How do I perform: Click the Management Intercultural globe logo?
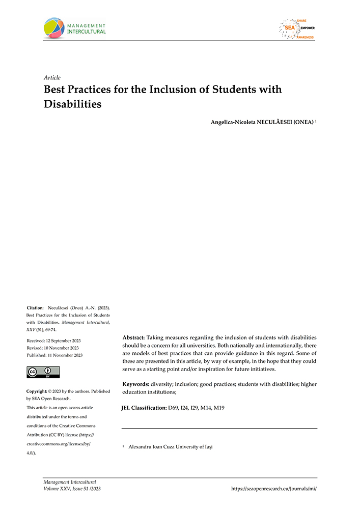[x=54, y=28]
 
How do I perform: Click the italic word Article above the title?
[x=52, y=78]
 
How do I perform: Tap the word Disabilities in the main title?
[x=73, y=104]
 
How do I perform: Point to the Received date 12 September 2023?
[x=53, y=341]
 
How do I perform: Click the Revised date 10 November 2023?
[x=52, y=348]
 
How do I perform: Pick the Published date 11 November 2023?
[x=54, y=355]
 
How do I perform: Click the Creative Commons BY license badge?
[x=43, y=372]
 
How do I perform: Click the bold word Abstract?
[x=134, y=337]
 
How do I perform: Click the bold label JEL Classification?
[x=144, y=408]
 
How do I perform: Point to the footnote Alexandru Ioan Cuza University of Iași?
[x=170, y=446]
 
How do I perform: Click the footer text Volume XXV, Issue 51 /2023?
[x=72, y=488]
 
